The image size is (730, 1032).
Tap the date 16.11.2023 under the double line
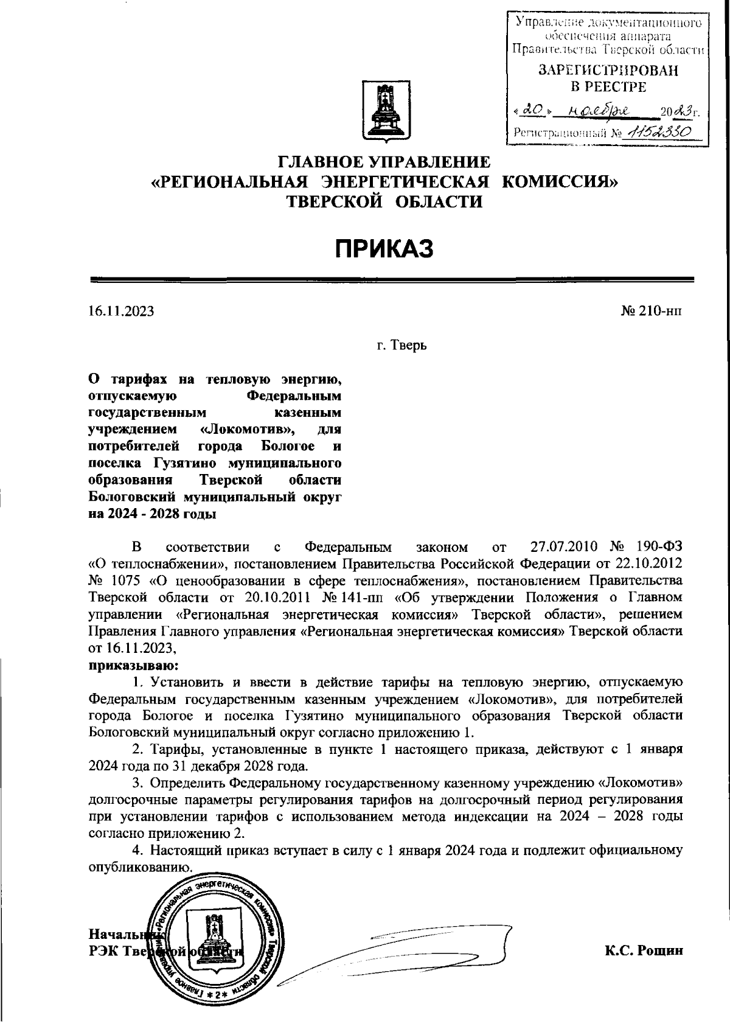click(121, 312)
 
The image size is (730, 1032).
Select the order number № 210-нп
click(652, 312)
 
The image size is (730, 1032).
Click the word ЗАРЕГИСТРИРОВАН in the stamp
click(608, 71)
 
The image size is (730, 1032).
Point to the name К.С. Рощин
click(644, 950)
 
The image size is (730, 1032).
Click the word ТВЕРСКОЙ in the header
click(333, 201)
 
